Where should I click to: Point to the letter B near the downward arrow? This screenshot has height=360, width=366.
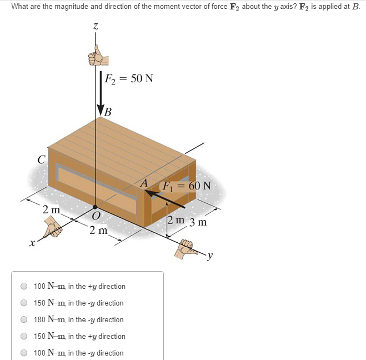point(108,112)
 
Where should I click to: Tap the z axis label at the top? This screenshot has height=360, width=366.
point(96,26)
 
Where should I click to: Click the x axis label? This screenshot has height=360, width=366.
point(33,243)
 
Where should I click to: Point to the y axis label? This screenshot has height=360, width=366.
point(210,256)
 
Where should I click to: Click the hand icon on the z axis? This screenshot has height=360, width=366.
point(97,55)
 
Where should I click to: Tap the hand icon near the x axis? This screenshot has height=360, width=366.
point(54,227)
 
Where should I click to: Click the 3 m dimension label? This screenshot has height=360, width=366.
point(198,223)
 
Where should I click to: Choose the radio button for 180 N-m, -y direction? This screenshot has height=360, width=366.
point(24,319)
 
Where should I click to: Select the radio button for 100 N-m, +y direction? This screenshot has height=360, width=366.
point(24,286)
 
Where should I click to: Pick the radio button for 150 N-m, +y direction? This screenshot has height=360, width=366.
point(24,336)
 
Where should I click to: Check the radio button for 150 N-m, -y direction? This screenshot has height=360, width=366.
point(24,303)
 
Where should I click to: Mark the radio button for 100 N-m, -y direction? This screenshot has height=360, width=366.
point(24,353)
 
